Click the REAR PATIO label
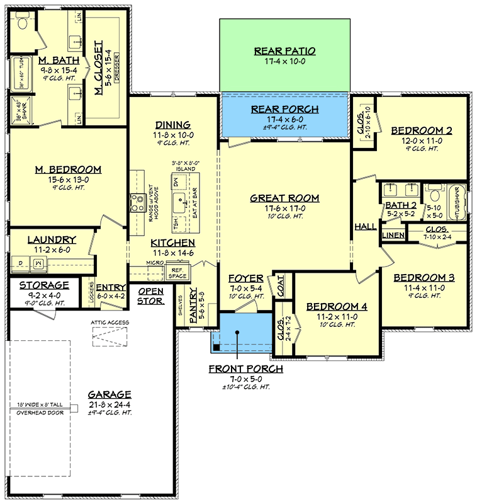(284, 51)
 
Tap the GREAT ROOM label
(284, 198)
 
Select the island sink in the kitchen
(180, 203)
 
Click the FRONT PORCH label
(246, 369)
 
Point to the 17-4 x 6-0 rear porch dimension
(284, 119)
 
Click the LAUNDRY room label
(52, 240)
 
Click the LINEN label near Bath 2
(393, 236)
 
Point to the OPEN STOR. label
(150, 296)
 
